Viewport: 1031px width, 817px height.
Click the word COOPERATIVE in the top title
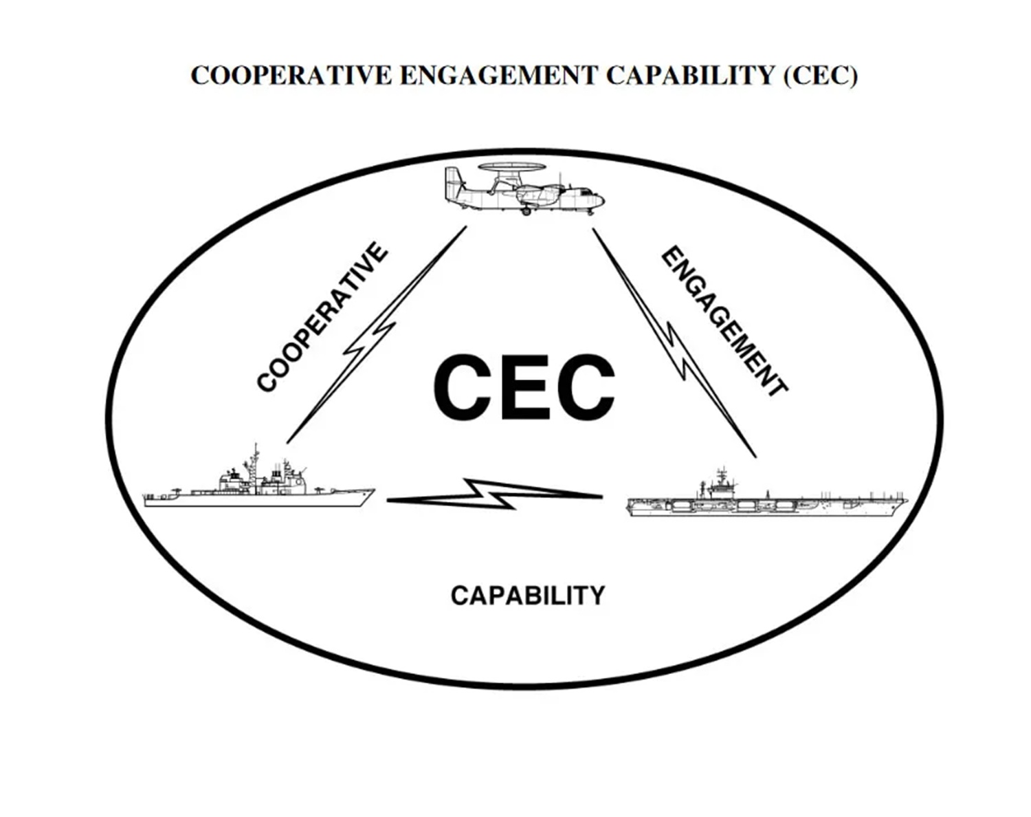[291, 76]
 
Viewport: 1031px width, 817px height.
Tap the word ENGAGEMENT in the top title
[498, 76]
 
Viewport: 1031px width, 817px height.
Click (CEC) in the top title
[820, 76]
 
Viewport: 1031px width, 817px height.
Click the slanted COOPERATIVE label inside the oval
[322, 318]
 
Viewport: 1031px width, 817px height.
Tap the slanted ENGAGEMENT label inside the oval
[724, 321]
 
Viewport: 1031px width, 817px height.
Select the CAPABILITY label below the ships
[528, 596]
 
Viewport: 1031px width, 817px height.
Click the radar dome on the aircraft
[513, 167]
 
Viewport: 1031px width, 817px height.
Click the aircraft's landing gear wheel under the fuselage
[526, 211]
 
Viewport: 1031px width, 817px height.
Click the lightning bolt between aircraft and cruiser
[375, 337]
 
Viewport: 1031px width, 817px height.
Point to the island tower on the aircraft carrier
[720, 485]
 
